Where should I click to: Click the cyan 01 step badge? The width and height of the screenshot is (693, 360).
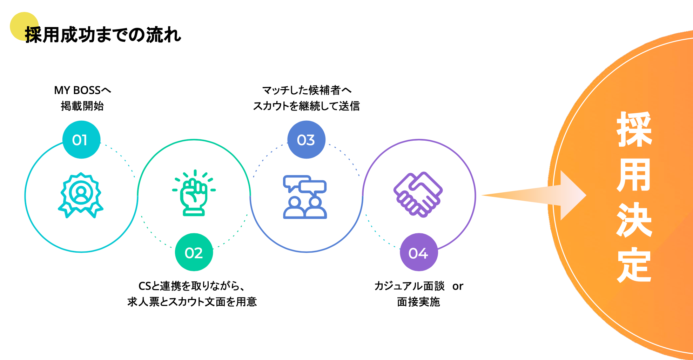(x=81, y=140)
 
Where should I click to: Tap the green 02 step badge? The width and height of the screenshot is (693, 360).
(x=194, y=252)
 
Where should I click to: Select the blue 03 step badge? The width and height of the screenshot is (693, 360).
(x=306, y=140)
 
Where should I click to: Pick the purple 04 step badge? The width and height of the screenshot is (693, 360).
(x=419, y=252)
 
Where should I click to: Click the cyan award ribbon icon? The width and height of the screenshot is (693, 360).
(x=81, y=195)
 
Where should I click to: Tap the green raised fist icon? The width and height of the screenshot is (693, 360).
(x=194, y=193)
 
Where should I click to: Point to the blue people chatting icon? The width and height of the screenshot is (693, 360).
(x=305, y=197)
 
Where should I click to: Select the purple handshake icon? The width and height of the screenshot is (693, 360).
(x=418, y=194)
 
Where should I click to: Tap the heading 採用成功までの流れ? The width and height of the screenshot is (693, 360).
(x=103, y=35)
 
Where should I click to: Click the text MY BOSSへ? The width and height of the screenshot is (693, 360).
(x=82, y=90)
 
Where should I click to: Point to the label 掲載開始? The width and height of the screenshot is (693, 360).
(x=82, y=106)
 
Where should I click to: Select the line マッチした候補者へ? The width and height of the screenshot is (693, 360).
(x=307, y=90)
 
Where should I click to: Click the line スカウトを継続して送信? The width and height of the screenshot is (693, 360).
(x=306, y=106)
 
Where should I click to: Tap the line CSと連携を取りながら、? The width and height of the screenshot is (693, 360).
(x=191, y=286)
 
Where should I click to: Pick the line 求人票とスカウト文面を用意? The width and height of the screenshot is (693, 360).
(x=192, y=302)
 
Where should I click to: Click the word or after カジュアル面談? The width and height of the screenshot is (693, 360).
(x=458, y=286)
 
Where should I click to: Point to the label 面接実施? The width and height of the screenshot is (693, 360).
(x=418, y=302)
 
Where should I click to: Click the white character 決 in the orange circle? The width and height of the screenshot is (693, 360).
(x=634, y=220)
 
